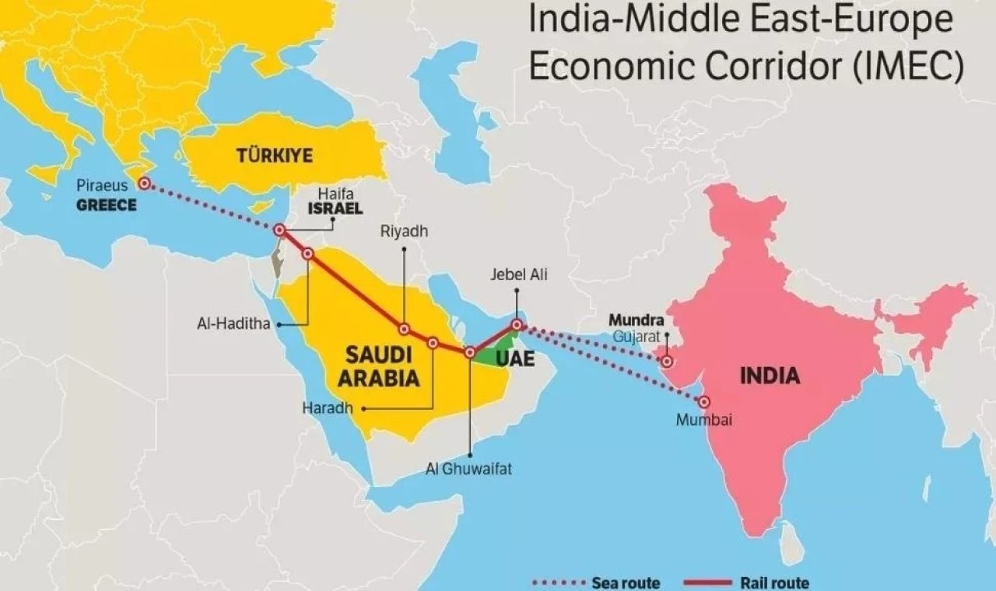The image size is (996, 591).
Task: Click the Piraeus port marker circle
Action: click(144, 184)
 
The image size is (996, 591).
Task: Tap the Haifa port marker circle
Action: click(279, 230)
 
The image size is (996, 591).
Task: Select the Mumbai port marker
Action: click(703, 402)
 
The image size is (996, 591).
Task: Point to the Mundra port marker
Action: click(667, 361)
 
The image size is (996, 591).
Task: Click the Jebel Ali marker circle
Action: click(517, 324)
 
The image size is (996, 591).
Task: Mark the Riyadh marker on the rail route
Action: click(404, 329)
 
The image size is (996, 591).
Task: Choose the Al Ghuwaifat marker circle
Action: click(469, 352)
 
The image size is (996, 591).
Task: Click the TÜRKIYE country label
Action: click(274, 156)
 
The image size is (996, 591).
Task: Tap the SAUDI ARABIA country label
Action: click(378, 367)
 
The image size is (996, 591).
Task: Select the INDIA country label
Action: click(769, 376)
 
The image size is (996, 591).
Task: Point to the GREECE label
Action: click(106, 206)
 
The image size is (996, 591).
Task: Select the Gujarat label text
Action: click(636, 336)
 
